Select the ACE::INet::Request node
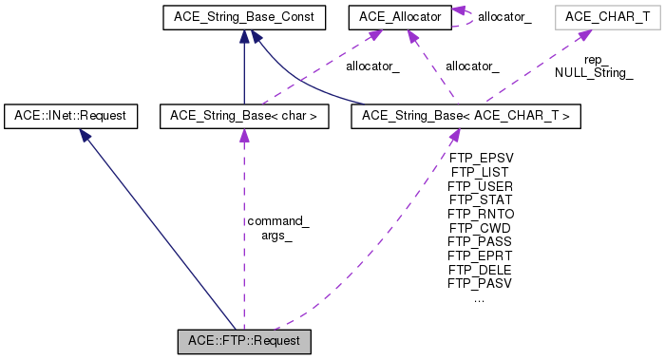point(70,116)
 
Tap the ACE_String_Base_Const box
point(244,16)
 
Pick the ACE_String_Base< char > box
point(244,116)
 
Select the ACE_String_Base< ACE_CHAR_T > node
point(465,116)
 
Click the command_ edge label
point(277,221)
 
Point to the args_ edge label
point(277,236)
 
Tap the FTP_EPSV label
point(481,159)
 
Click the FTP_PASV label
point(481,282)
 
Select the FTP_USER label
point(481,186)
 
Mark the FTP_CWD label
point(481,228)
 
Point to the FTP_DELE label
point(481,269)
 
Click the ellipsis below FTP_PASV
point(479,297)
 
